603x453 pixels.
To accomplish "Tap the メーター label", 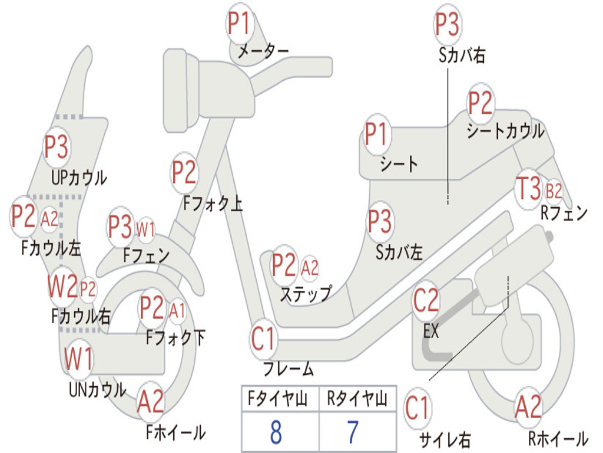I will click(263, 52).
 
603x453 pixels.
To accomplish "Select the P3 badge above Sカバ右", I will click(447, 25).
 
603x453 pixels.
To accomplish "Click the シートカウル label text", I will click(505, 131).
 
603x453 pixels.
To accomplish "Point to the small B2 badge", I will click(554, 191).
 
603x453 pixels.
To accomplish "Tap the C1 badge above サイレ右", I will click(418, 408).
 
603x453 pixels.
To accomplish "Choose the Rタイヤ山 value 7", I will click(353, 432).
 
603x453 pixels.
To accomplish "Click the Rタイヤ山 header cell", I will click(357, 399).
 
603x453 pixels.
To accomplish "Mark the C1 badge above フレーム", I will click(263, 339).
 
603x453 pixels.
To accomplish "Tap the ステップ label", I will click(305, 294).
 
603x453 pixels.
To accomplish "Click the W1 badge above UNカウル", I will click(79, 359).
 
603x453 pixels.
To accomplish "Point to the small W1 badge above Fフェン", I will click(145, 228).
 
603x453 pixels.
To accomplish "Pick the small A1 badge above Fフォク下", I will click(177, 309).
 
